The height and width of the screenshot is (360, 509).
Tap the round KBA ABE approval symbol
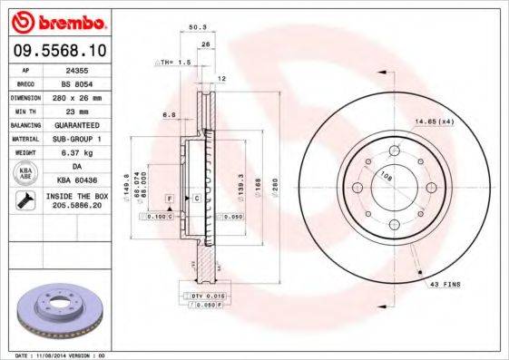pyautogui.click(x=24, y=174)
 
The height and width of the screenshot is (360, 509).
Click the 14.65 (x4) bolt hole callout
pyautogui.click(x=434, y=121)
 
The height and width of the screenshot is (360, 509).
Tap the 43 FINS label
pyautogui.click(x=445, y=284)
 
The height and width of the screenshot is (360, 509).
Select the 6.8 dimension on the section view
pyautogui.click(x=169, y=115)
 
